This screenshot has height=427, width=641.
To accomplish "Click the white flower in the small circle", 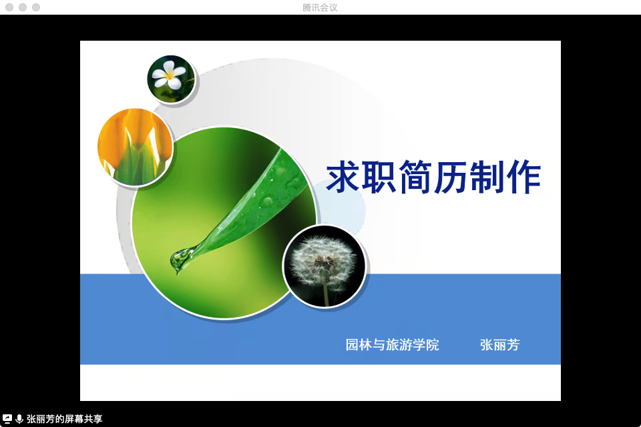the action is click(169, 75).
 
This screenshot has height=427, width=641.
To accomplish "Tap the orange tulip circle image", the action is click(136, 146).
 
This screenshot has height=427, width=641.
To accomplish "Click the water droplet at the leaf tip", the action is click(180, 259).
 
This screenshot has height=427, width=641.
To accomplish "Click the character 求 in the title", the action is click(343, 177).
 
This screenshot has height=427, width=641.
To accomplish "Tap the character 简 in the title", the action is click(415, 177).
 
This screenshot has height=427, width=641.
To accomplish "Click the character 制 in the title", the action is click(487, 177).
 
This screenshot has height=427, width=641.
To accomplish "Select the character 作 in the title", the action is click(523, 177).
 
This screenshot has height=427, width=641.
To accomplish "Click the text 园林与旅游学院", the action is click(392, 345).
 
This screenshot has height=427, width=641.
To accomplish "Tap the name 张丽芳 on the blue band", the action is click(500, 345).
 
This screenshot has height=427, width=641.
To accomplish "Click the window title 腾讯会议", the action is click(320, 7).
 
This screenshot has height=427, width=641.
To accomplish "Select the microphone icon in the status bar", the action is click(19, 419).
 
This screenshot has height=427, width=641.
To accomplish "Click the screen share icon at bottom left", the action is click(7, 419).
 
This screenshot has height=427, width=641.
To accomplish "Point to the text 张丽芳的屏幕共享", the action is click(65, 419).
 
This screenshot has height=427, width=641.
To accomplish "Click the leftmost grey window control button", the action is click(9, 7).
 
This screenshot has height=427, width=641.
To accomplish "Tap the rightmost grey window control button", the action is click(36, 7).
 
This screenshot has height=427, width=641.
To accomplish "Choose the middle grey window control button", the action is click(23, 7).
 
